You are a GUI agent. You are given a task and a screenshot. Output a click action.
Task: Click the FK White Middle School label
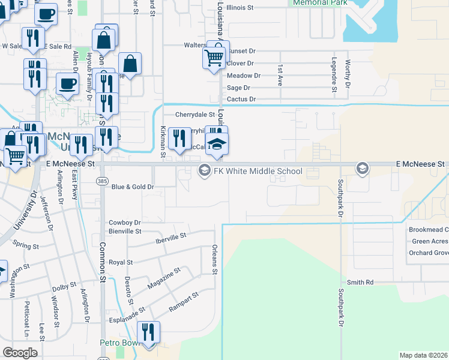(258, 171)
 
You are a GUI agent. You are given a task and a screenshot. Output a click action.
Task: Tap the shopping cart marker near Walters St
(214, 56)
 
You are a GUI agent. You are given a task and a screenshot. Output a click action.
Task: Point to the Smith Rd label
(360, 282)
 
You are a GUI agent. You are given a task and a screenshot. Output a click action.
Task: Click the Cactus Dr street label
(241, 99)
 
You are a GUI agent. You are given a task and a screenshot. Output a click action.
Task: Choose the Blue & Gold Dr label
(133, 187)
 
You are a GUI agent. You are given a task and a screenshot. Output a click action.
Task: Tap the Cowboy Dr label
(125, 223)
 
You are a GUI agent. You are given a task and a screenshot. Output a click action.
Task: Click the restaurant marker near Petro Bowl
(148, 333)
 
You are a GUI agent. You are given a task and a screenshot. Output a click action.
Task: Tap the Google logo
(20, 353)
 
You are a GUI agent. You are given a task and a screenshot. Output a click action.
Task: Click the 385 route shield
(102, 180)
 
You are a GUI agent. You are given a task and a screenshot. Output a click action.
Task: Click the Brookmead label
(428, 230)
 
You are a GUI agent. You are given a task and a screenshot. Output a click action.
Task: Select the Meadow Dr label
(244, 76)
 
